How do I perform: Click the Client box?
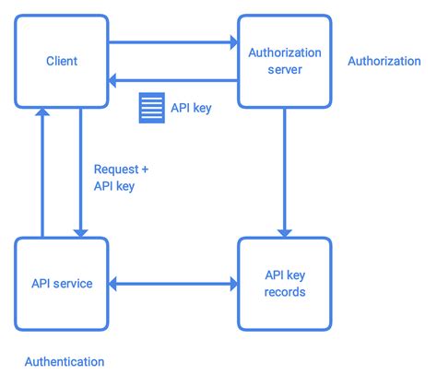click(x=62, y=61)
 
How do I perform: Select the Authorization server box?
click(x=284, y=61)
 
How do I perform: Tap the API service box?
click(x=62, y=283)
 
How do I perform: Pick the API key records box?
click(x=284, y=283)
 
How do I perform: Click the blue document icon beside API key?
click(x=150, y=107)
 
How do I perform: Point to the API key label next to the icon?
click(x=192, y=107)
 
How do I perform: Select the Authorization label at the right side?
click(x=384, y=61)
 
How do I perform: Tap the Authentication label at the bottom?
click(x=65, y=362)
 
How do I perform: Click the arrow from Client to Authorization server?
click(x=172, y=41)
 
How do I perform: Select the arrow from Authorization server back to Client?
click(x=172, y=81)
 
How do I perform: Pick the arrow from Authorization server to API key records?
click(x=284, y=171)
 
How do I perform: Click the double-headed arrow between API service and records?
click(x=172, y=284)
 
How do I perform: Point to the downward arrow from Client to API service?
click(x=81, y=171)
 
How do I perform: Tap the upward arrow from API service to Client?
click(x=41, y=171)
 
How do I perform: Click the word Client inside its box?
click(x=62, y=62)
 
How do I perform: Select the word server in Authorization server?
click(x=284, y=70)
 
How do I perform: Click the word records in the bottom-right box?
click(x=284, y=292)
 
